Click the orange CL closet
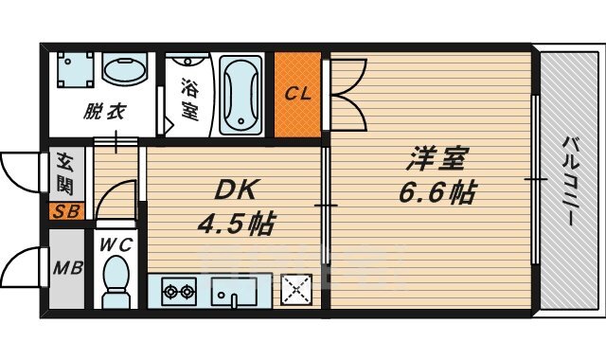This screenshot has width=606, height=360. tap(298, 94)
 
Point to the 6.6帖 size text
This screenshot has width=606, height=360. tap(437, 193)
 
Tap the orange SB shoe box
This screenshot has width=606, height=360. tap(65, 211)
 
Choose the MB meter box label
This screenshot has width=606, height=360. tap(65, 268)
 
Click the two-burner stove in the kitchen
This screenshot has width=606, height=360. tap(177, 289)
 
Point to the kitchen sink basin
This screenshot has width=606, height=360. tap(234, 290)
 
